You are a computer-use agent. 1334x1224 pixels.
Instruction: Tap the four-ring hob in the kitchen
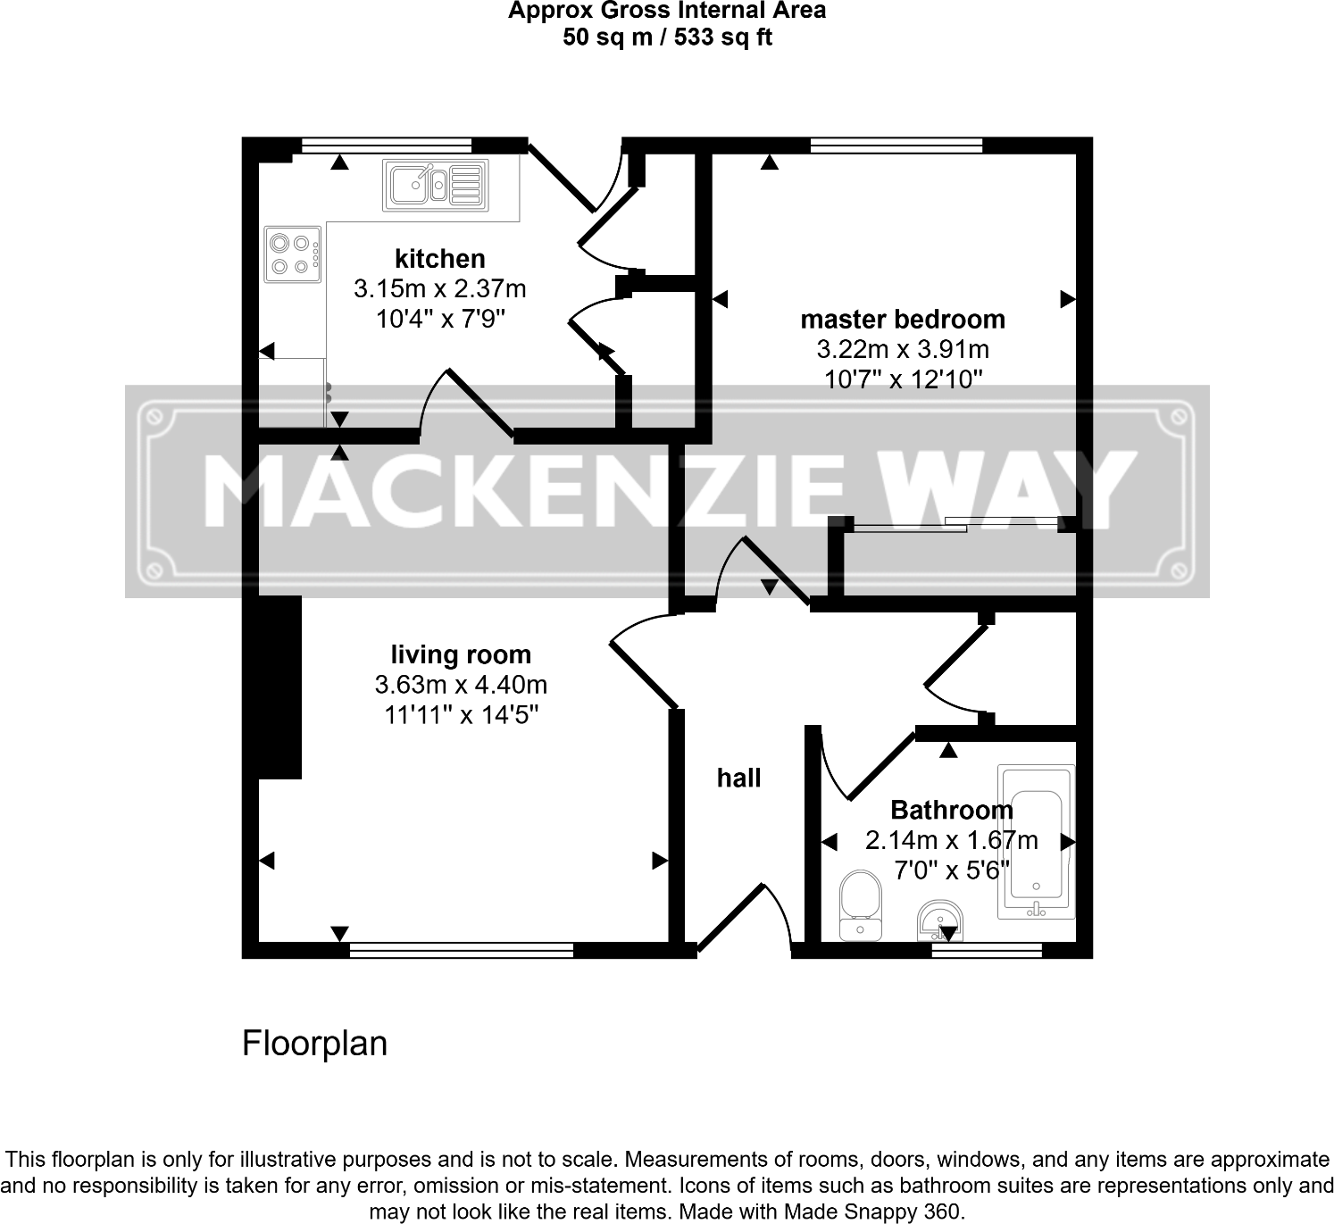[x=292, y=254]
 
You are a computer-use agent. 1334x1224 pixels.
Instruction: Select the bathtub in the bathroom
[x=1036, y=842]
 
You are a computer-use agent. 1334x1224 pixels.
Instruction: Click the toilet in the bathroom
[x=861, y=904]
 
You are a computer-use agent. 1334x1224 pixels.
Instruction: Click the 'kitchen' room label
[x=440, y=259]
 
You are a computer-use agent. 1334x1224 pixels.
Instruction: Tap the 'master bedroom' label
[x=902, y=320]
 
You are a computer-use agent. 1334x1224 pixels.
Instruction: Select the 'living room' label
[x=461, y=654]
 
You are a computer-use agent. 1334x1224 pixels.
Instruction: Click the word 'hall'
[x=738, y=779]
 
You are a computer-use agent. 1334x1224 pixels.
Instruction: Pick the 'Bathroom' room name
[x=952, y=810]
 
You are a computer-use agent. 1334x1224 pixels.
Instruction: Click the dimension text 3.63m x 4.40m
[x=461, y=685]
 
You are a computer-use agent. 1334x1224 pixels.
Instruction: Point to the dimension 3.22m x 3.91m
[x=902, y=349]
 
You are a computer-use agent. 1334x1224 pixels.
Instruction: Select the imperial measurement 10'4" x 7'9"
[x=440, y=319]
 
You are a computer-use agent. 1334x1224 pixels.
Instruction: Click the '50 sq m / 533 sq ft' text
[x=667, y=37]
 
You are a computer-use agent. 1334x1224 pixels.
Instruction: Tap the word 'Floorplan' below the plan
[x=314, y=1043]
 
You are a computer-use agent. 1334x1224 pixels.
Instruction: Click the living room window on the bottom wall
[x=461, y=951]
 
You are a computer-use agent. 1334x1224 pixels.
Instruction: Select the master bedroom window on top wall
[x=896, y=146]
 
